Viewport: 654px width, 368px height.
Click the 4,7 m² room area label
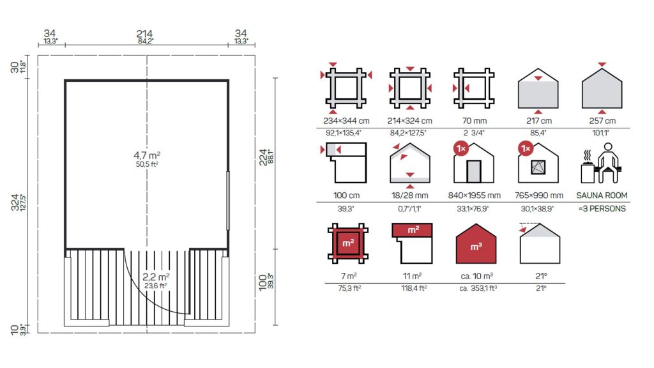(x=147, y=156)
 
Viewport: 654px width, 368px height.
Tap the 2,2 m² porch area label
(x=156, y=277)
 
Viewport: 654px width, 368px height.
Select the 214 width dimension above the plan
(x=144, y=34)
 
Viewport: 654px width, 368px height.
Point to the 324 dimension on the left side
(x=15, y=203)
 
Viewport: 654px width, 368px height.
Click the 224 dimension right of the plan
(x=263, y=157)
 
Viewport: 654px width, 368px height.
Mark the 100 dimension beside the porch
(x=262, y=282)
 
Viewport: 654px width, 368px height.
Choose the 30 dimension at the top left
(x=15, y=67)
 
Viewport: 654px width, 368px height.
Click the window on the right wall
(x=228, y=201)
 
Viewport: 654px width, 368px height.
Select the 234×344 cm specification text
(x=346, y=121)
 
